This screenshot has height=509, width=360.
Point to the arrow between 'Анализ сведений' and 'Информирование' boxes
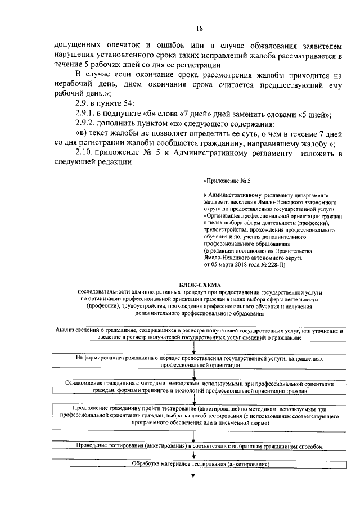(193, 347)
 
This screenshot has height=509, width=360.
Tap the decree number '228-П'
(275, 264)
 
